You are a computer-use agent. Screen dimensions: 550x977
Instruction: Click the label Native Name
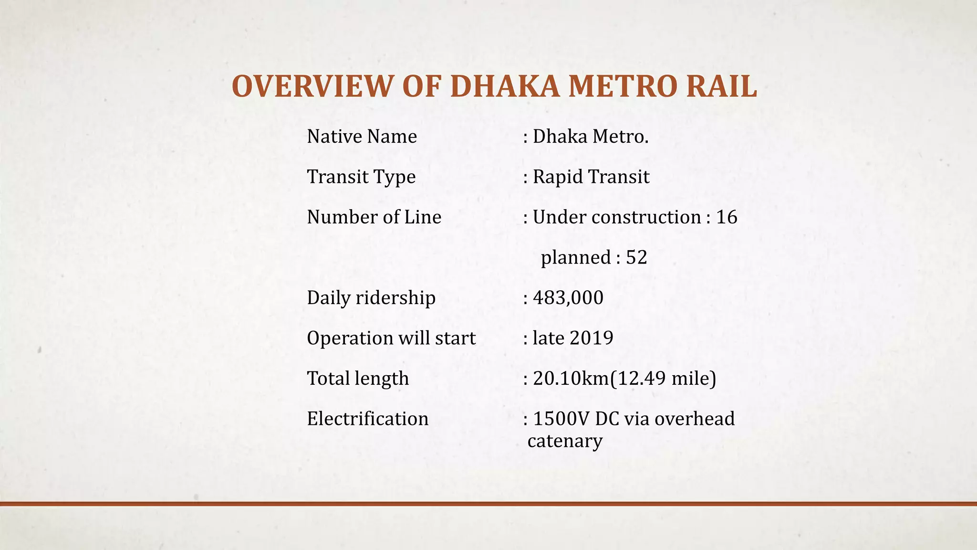point(362,137)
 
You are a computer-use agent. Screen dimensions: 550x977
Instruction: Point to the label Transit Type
point(361,177)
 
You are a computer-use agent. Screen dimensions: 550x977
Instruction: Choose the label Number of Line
point(374,217)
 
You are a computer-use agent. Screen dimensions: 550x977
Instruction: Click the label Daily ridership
point(371,298)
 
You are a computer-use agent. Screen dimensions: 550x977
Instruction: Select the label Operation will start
point(391,338)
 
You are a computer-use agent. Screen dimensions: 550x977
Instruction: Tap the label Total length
point(358,379)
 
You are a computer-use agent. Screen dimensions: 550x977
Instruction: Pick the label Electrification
point(368,419)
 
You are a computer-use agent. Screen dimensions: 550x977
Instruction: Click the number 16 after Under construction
point(727,217)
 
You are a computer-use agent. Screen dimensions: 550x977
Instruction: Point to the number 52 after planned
point(636,257)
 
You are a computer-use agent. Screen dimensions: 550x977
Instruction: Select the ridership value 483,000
point(568,298)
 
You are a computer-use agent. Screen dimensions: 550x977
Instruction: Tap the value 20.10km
point(571,379)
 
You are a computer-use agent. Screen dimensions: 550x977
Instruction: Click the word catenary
point(565,441)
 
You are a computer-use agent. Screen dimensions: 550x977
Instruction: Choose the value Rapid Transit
point(591,177)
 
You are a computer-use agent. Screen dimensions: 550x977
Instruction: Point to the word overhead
point(695,419)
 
